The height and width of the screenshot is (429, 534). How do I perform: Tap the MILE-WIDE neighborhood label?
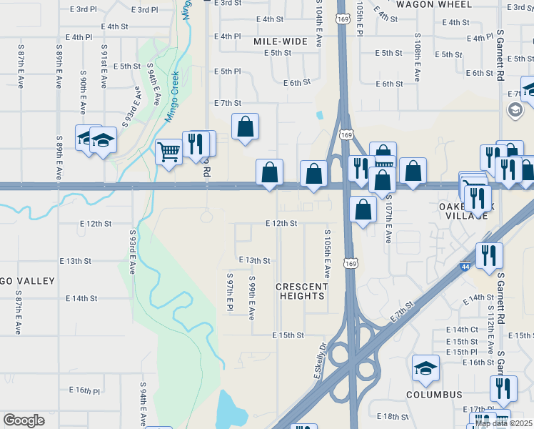[x=281, y=41]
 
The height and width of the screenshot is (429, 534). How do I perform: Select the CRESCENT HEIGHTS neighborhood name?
[x=303, y=291]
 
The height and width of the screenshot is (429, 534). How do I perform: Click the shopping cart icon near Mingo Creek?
[x=168, y=151]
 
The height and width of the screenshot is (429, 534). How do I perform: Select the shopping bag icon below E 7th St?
[x=245, y=127]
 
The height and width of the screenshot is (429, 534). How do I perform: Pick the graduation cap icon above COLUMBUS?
[x=425, y=368]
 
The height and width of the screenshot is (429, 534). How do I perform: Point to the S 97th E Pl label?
[x=230, y=292]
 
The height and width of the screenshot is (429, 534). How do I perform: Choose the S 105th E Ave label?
[x=328, y=255]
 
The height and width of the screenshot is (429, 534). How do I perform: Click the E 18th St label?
[x=390, y=416]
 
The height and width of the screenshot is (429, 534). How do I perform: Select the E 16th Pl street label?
[x=84, y=390]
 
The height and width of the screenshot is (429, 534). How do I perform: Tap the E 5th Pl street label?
[x=227, y=71]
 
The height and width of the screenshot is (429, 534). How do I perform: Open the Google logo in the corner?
[x=24, y=420]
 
